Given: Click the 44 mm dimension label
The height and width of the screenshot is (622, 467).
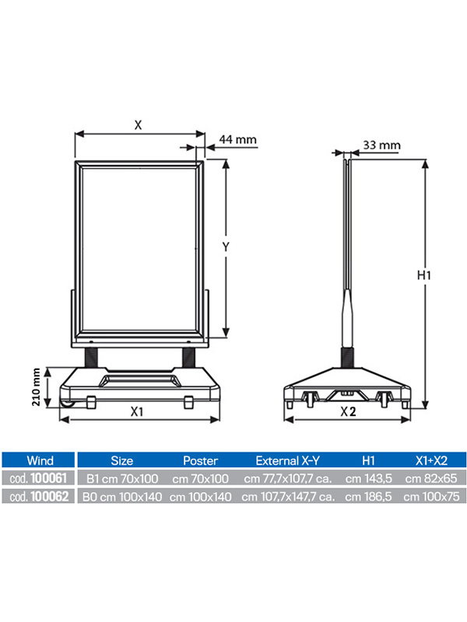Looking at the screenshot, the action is pos(238,140).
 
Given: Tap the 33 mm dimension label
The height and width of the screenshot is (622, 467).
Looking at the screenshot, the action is pos(381,145).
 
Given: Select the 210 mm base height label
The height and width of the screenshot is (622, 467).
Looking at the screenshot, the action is pos(36,386).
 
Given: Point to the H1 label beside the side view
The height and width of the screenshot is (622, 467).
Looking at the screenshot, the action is pos(423,275).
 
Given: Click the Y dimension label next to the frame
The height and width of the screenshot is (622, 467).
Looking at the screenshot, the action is pos(226,246).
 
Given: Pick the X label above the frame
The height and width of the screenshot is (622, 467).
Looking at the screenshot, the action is pos(138,125).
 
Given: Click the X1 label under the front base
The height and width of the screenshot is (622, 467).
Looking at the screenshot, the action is pos(137,412).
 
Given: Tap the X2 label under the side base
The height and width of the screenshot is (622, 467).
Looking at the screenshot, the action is pos(348,412).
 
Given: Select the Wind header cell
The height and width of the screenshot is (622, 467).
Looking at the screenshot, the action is pos(40,460).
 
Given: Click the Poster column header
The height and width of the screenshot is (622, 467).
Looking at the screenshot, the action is pos(200,460).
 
